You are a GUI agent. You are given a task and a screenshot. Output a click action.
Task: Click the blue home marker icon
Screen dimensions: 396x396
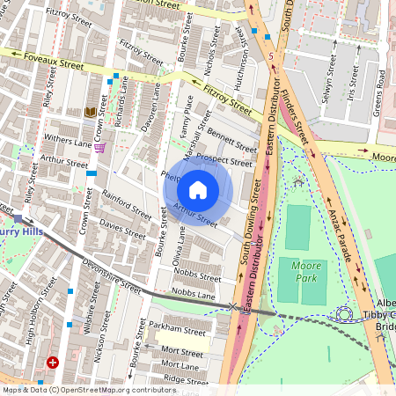click(198, 189)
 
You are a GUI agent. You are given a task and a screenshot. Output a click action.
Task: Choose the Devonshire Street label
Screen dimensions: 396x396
click(112, 275)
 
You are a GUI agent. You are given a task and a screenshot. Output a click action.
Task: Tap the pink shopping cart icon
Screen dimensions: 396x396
click(100, 147)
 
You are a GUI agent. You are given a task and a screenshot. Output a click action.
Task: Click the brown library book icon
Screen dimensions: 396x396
click(90, 112)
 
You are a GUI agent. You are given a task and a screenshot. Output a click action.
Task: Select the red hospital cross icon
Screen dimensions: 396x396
click(54, 362)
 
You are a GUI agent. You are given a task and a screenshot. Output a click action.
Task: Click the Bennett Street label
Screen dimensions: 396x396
click(231, 139)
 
